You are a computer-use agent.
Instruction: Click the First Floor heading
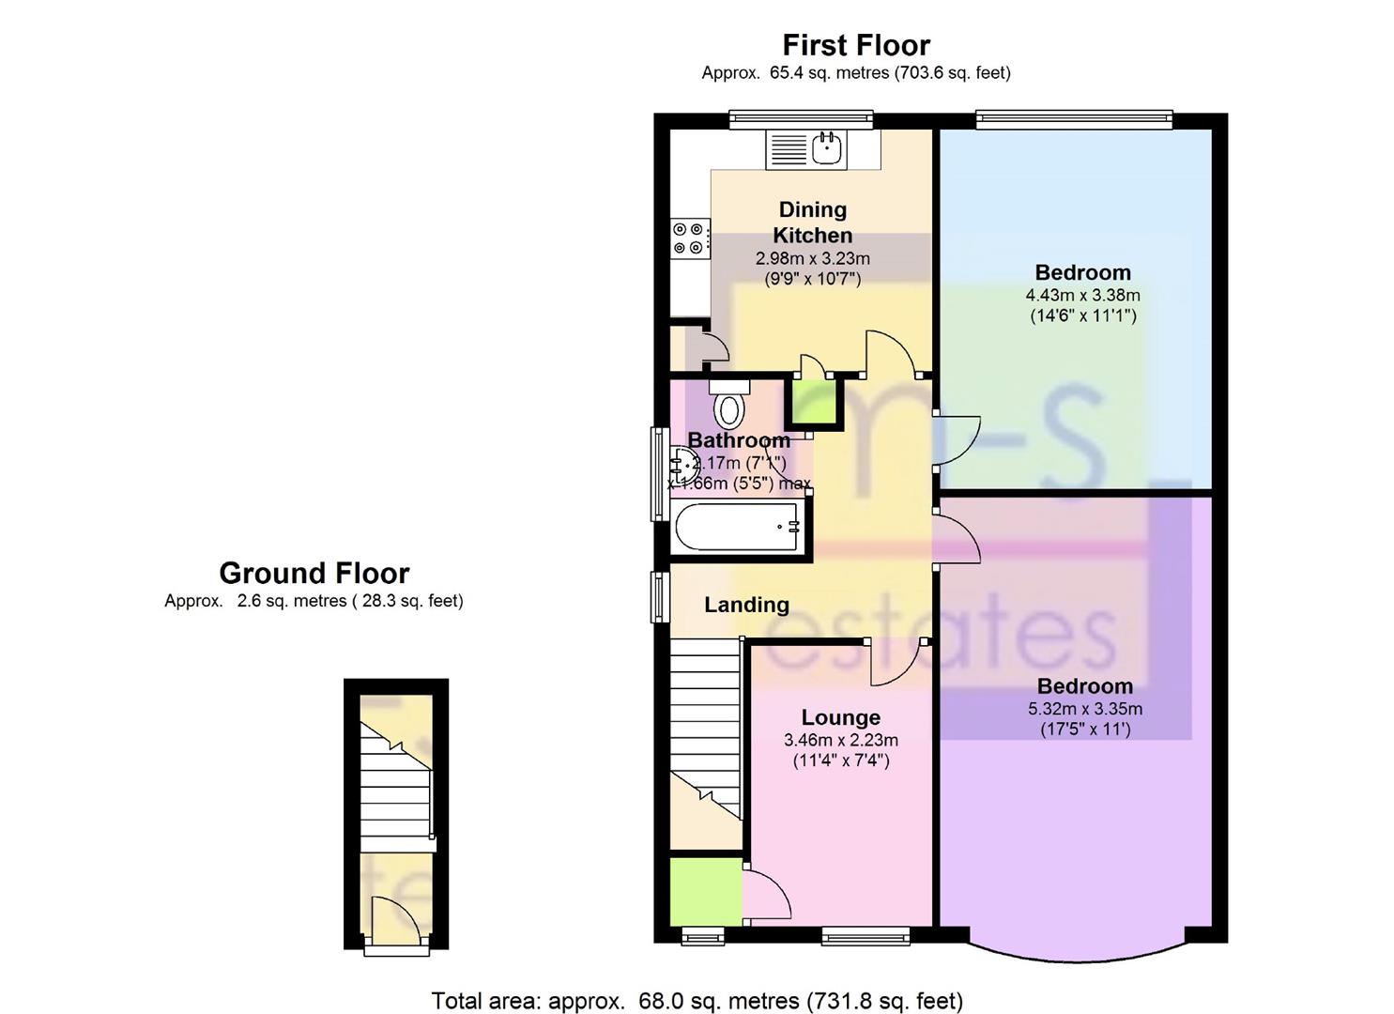click(855, 45)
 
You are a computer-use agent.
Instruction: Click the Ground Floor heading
click(314, 573)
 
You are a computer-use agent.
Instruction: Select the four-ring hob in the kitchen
click(688, 238)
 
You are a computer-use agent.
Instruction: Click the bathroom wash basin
click(682, 463)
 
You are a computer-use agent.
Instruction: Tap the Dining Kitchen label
click(812, 223)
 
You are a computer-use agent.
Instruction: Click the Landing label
click(746, 605)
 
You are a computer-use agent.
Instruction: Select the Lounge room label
click(840, 718)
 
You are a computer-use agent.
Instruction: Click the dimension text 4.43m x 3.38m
click(1082, 295)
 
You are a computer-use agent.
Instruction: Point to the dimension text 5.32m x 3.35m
click(1084, 709)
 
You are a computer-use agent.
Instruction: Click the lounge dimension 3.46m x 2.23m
click(840, 741)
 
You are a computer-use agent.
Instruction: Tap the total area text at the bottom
click(697, 1001)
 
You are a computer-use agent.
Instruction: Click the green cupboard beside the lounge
click(705, 889)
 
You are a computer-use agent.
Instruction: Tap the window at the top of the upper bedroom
click(1073, 118)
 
